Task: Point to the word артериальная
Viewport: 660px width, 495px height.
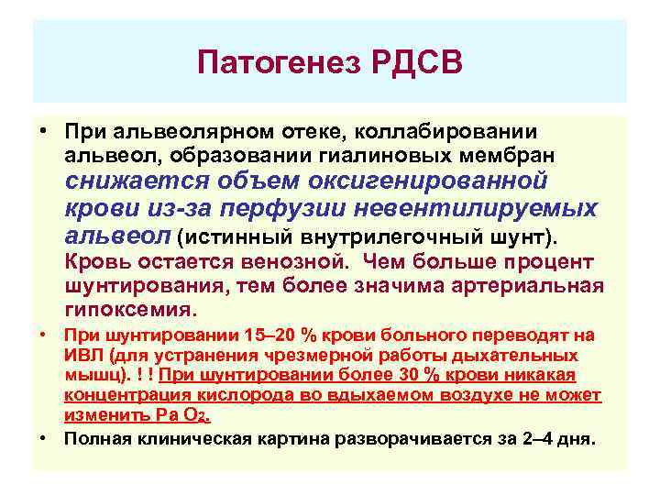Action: point(533,286)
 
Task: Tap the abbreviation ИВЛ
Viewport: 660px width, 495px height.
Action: point(80,355)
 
